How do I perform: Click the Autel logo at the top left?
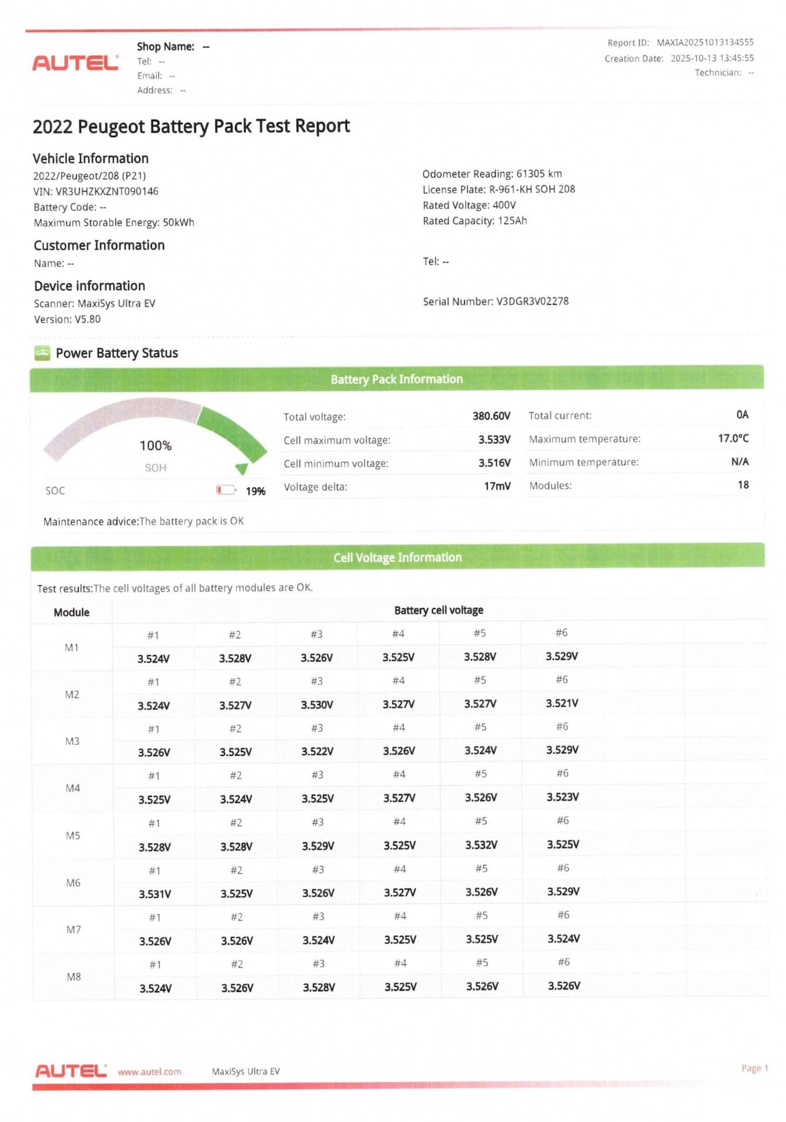pos(75,63)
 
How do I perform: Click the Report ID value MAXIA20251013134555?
pos(704,42)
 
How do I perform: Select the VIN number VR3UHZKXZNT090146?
pos(107,191)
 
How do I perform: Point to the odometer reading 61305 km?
pos(539,174)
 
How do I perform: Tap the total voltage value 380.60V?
pos(491,416)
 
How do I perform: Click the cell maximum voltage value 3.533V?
pos(494,439)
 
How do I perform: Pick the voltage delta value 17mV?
pos(497,486)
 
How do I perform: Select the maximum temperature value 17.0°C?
pos(733,438)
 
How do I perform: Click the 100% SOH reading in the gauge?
pos(155,445)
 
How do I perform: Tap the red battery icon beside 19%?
pos(225,489)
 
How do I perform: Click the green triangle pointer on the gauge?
pos(241,469)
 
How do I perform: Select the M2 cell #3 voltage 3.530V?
pos(317,704)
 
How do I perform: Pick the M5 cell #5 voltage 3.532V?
pos(481,845)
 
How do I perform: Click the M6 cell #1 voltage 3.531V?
pos(155,894)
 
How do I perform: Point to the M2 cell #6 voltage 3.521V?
pos(562,703)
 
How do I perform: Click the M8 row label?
pos(74,976)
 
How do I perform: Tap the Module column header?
pos(71,612)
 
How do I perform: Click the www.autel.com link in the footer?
pos(149,1072)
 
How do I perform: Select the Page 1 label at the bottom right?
pos(754,1068)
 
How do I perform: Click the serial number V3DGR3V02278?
pos(532,301)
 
